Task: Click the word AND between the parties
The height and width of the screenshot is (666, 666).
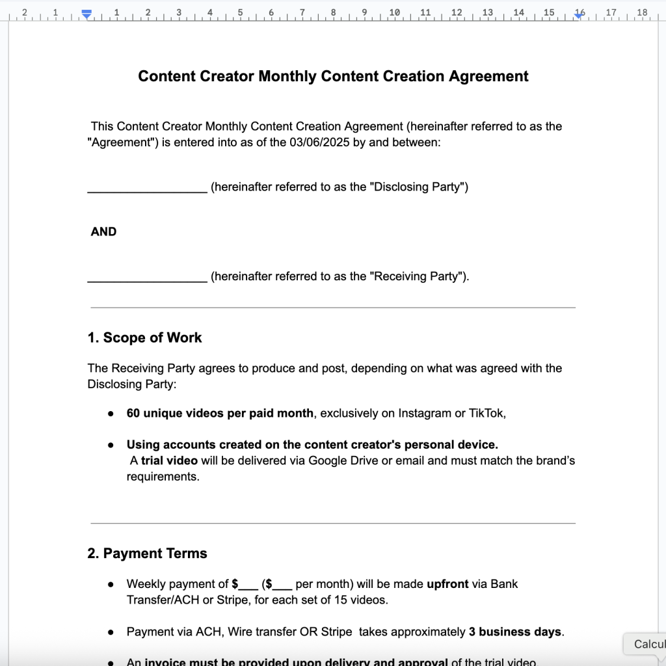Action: point(103,232)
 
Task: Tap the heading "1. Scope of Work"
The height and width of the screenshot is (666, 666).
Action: point(144,338)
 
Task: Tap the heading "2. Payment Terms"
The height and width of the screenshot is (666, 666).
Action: point(147,553)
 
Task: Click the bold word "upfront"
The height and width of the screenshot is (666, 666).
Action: point(447,584)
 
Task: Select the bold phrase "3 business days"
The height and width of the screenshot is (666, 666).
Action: point(515,632)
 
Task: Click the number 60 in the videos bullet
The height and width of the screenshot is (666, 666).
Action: point(133,413)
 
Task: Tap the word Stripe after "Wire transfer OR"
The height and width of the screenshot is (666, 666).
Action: point(336,632)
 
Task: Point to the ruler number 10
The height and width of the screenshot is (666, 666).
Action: point(394,12)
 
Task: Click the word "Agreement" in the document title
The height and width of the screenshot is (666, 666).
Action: point(488,76)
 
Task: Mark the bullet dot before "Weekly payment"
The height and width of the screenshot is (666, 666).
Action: point(111,585)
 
